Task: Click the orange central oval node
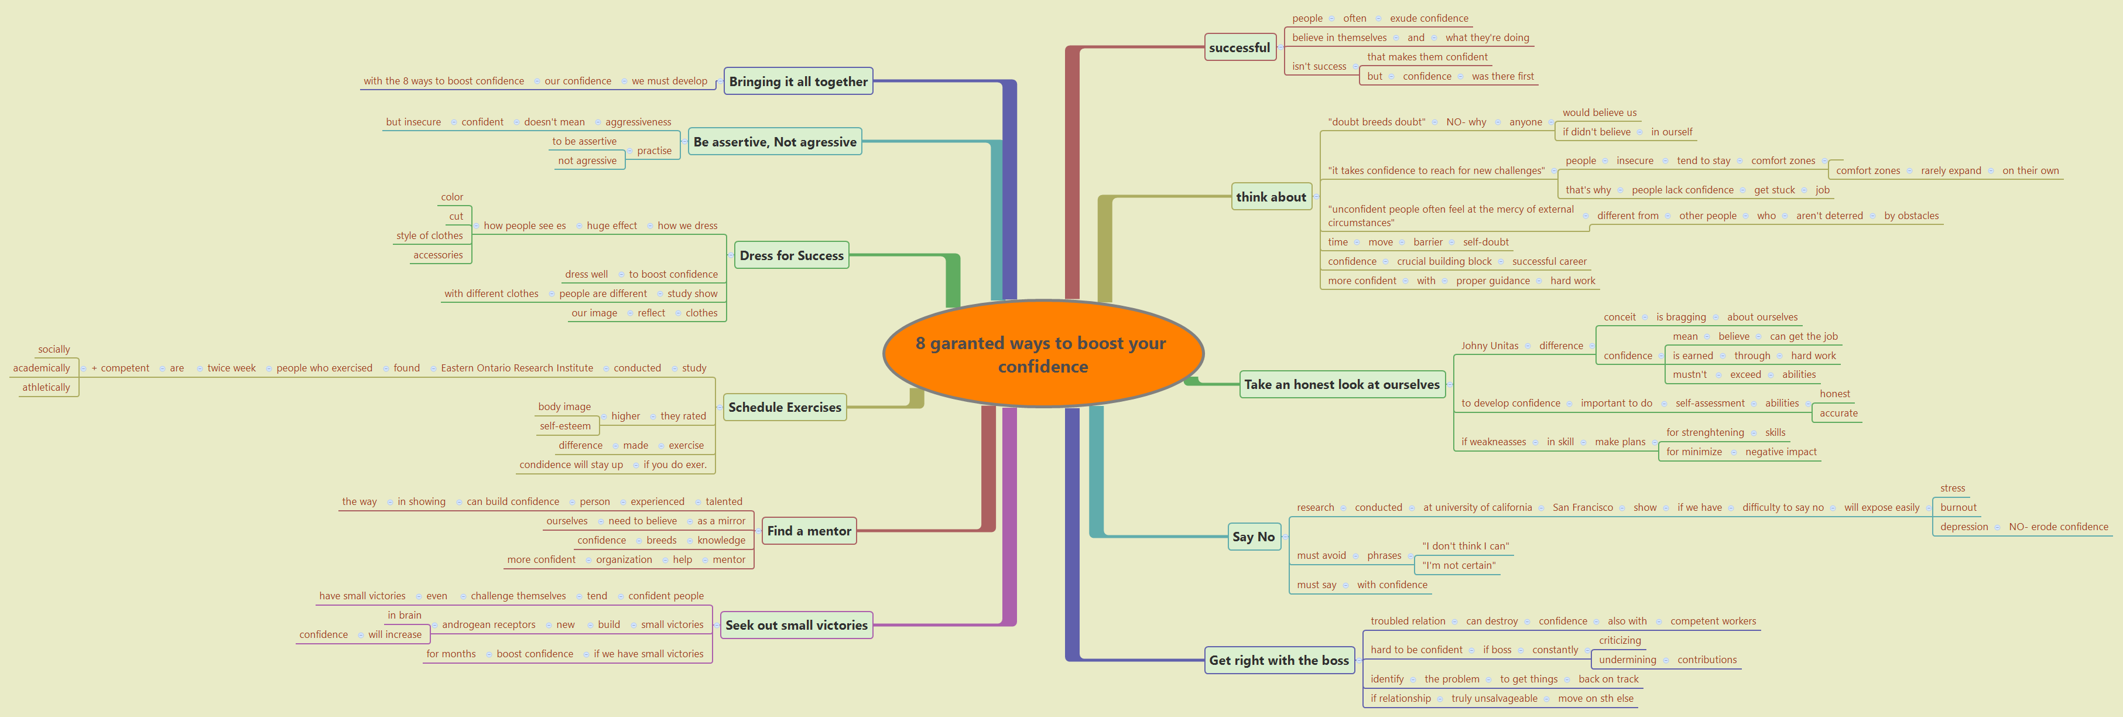[1043, 354]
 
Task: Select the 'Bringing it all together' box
[798, 81]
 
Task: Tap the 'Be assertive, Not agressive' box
[775, 142]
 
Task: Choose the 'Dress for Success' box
[791, 255]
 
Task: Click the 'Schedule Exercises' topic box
[785, 407]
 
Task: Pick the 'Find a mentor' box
[809, 531]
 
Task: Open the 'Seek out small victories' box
[796, 624]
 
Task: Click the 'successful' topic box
[1239, 48]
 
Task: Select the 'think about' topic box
[1271, 197]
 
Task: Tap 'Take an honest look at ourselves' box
[1342, 384]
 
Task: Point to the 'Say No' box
[1253, 537]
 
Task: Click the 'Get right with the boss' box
[1278, 660]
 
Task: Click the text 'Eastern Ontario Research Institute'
[517, 368]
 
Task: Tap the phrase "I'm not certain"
[1458, 565]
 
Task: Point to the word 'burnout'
[1957, 508]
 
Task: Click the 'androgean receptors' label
[488, 624]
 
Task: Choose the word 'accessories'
[437, 255]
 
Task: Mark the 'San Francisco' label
[1583, 508]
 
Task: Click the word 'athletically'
[46, 387]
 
